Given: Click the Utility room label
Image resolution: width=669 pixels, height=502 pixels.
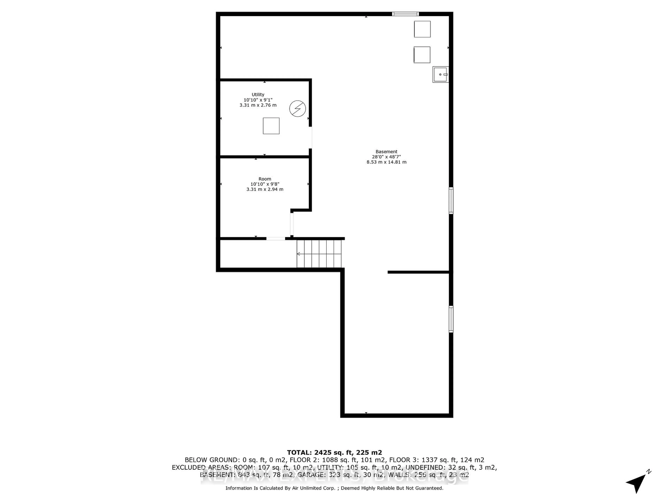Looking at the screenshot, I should pos(258,94).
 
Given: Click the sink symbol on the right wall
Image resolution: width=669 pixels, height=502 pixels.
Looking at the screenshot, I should pos(440,74).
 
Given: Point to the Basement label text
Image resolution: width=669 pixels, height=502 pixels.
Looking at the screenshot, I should pos(386,152).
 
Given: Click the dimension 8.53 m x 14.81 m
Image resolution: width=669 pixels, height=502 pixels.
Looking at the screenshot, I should pos(386,162).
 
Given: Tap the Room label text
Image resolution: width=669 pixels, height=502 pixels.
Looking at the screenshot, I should pos(265,179).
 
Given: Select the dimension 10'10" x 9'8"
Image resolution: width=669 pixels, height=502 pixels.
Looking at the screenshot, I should pos(265,184).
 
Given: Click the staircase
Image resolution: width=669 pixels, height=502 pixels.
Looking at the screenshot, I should pos(319,254).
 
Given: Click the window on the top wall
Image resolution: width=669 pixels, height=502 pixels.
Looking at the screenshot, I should pos(405,14).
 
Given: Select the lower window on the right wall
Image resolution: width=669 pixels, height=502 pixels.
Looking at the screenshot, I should pos(451,319).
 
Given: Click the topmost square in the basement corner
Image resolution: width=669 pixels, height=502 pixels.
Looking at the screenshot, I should pos(422,29).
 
